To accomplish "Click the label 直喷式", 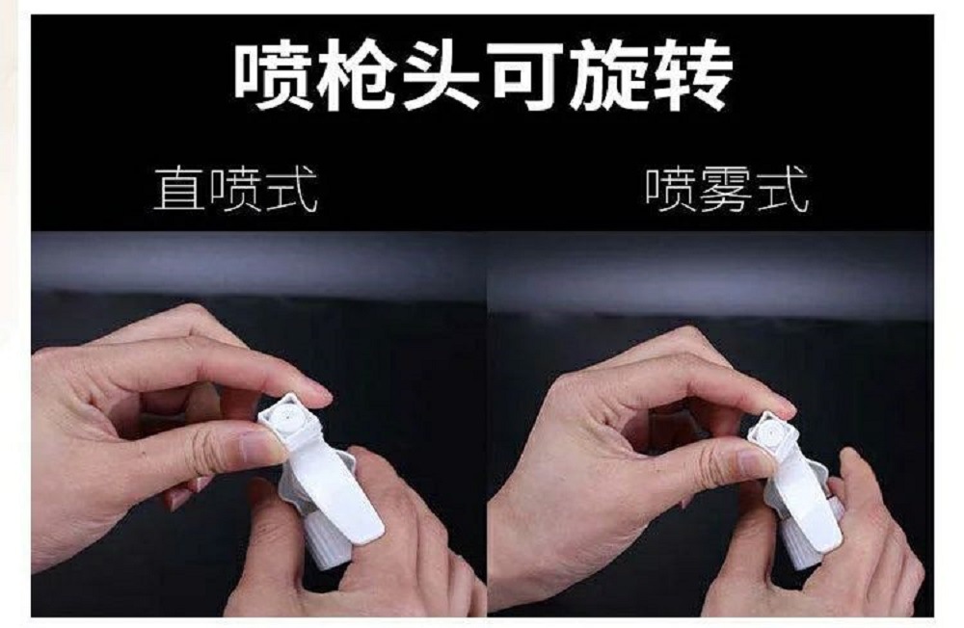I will coord(234,190).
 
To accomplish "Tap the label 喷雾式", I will coord(726,190).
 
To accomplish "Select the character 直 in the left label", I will coord(179,190).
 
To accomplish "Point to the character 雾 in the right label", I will coord(726,190).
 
